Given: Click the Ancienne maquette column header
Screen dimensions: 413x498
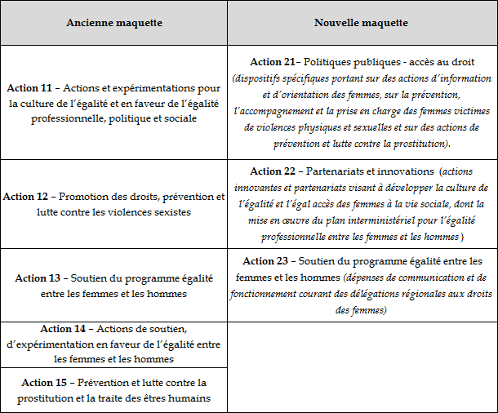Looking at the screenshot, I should pos(113,22).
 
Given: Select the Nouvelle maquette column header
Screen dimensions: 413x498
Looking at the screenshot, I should pos(362,22).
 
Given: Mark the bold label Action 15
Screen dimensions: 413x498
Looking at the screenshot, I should pos(47,383).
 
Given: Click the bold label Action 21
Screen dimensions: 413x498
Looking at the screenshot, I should pos(277,62).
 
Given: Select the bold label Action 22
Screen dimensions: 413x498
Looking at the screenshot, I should pos(276,171).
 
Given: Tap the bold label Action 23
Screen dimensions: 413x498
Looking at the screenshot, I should pos(269,261).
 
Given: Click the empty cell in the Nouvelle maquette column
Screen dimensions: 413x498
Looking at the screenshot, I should pos(362,366).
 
